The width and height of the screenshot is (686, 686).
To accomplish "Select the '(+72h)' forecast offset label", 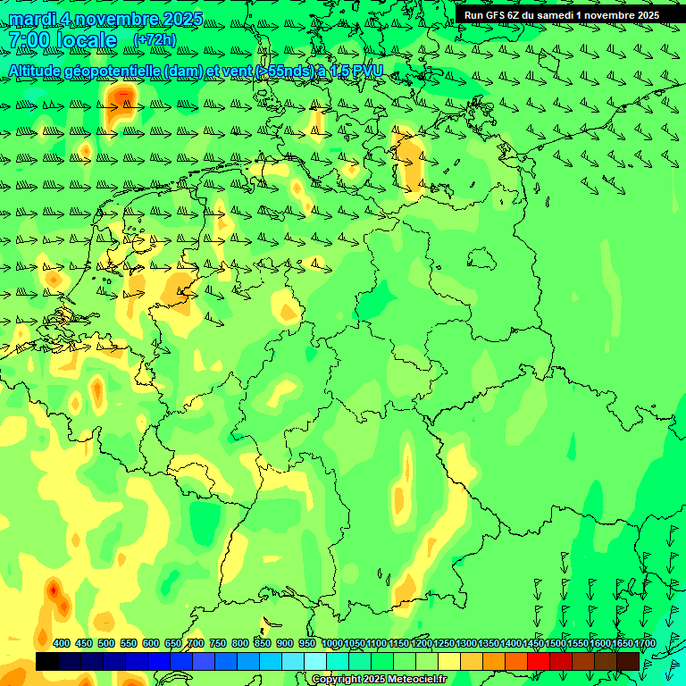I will coord(155,40).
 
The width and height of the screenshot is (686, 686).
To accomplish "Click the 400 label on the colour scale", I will coord(62,644).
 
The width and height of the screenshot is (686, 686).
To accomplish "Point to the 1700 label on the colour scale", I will coord(645,644).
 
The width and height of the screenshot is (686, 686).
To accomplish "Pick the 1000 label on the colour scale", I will coord(331,644).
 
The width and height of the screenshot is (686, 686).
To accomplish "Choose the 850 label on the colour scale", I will coord(263,644).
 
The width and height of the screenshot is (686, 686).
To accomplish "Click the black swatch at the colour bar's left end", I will coord(47,661).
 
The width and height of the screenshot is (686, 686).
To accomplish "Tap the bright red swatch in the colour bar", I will coord(539,661).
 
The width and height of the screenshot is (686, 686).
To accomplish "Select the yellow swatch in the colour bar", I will coord(449,661).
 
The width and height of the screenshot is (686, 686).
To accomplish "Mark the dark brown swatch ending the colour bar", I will coord(628,661).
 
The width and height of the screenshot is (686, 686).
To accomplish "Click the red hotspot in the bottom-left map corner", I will coord(54,590).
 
